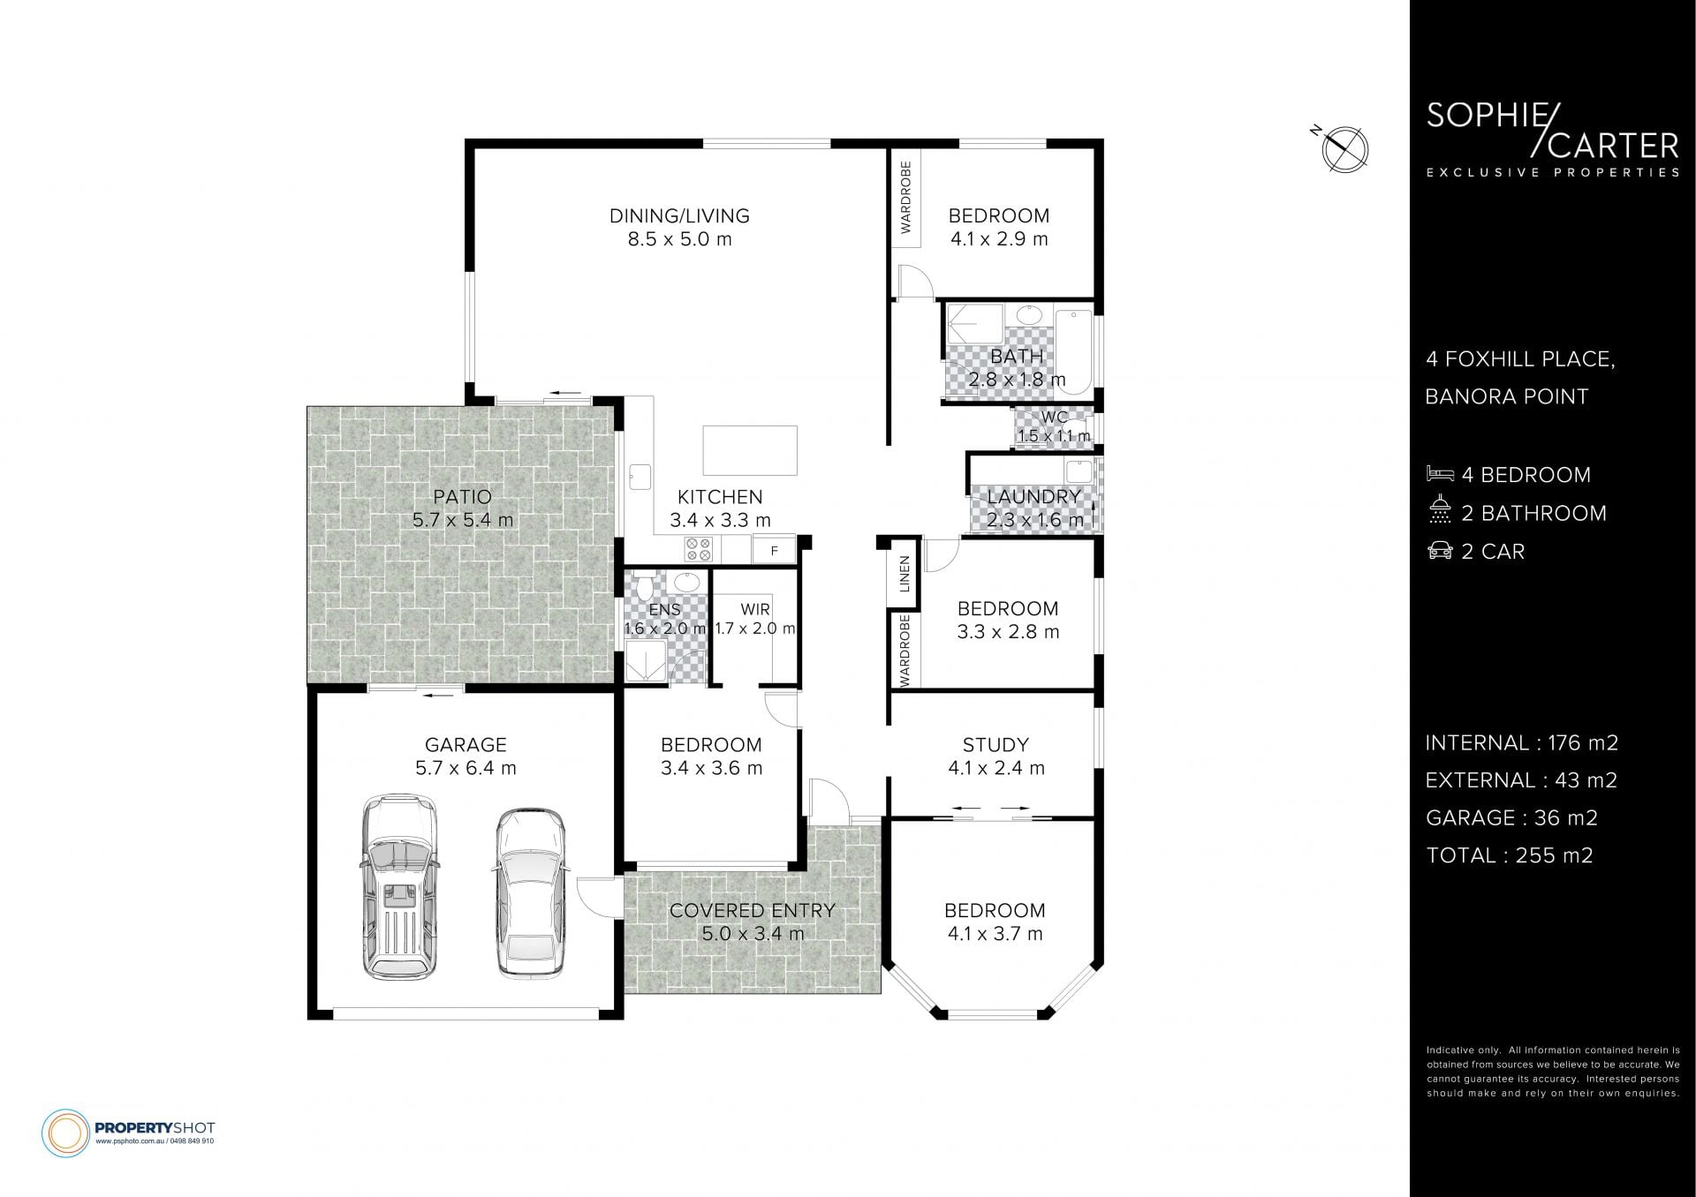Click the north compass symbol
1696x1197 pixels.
(1344, 147)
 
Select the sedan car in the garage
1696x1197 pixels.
(529, 892)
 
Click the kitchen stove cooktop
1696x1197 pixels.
(699, 549)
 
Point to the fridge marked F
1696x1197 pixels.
(774, 550)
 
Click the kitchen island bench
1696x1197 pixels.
(750, 450)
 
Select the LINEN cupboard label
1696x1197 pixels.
(905, 575)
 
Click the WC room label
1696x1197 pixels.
(1055, 417)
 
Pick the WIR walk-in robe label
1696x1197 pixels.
(755, 609)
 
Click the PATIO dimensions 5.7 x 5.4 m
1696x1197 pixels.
(463, 520)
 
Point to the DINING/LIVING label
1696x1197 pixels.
(679, 215)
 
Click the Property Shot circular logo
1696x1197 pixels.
(65, 1133)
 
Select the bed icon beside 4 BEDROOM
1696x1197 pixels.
(1439, 475)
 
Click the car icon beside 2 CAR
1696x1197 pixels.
(1440, 551)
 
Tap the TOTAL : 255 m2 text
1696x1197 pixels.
(1509, 855)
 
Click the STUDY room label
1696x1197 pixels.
(996, 744)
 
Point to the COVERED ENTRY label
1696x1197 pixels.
(752, 910)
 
